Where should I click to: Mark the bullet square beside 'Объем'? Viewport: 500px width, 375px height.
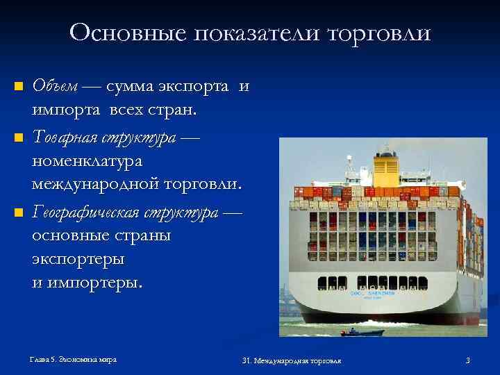click(x=19, y=87)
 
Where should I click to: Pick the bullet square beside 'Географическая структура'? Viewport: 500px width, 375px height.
click(x=19, y=211)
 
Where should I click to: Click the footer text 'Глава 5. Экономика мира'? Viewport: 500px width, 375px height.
click(x=73, y=359)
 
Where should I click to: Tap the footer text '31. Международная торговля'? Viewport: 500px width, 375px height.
click(x=292, y=360)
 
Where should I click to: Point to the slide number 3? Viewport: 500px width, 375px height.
click(x=468, y=360)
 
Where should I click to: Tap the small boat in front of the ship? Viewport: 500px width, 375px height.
click(x=353, y=333)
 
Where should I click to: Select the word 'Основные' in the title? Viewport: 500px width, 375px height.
click(x=119, y=33)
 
